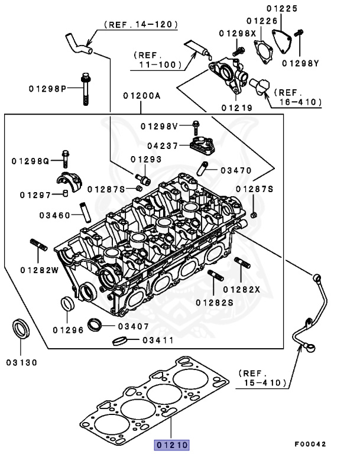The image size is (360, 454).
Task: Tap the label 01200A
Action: click(141, 95)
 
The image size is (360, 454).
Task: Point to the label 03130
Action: click(22, 362)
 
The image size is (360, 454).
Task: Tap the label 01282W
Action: click(39, 270)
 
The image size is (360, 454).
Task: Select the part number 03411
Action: click(157, 340)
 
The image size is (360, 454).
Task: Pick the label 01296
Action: click(67, 330)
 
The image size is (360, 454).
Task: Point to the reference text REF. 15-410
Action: click(263, 379)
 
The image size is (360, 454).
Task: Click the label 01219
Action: click(237, 108)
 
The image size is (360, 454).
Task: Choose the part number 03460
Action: click(55, 214)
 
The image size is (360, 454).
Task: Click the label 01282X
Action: click(242, 289)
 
